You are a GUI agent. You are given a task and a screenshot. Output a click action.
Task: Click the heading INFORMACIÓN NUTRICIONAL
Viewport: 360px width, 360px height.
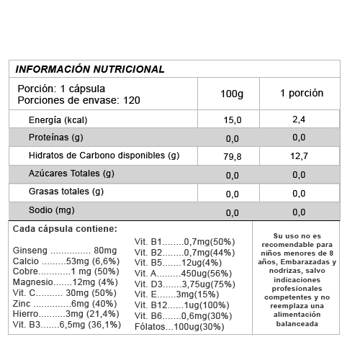pyautogui.click(x=90, y=69)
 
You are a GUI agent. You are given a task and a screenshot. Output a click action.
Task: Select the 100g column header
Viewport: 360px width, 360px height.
pyautogui.click(x=232, y=94)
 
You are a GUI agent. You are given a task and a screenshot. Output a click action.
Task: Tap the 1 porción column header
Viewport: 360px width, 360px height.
pyautogui.click(x=302, y=94)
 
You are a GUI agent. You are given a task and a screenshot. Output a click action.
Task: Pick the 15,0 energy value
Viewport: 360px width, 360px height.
pyautogui.click(x=233, y=120)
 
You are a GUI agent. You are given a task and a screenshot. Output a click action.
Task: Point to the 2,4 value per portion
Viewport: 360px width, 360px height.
pyautogui.click(x=300, y=119)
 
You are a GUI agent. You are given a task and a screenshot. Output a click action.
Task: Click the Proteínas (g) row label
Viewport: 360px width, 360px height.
pyautogui.click(x=56, y=138)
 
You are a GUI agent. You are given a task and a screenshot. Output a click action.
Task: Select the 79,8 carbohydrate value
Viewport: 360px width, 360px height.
pyautogui.click(x=233, y=156)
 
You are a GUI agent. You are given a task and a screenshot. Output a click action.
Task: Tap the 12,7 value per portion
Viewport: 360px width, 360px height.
pyautogui.click(x=300, y=156)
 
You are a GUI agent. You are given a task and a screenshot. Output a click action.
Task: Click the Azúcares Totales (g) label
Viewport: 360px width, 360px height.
pyautogui.click(x=71, y=174)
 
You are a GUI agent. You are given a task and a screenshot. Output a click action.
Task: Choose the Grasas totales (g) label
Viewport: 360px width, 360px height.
pyautogui.click(x=66, y=192)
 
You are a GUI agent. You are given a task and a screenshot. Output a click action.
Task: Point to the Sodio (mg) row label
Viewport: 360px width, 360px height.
pyautogui.click(x=51, y=210)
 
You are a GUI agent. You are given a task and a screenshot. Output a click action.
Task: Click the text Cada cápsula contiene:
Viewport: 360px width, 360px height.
pyautogui.click(x=65, y=229)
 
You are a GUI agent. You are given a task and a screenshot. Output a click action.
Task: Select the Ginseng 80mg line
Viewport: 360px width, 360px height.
pyautogui.click(x=60, y=250)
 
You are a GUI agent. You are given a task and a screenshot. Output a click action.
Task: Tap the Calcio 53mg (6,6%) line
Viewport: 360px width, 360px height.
pyautogui.click(x=65, y=261)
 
